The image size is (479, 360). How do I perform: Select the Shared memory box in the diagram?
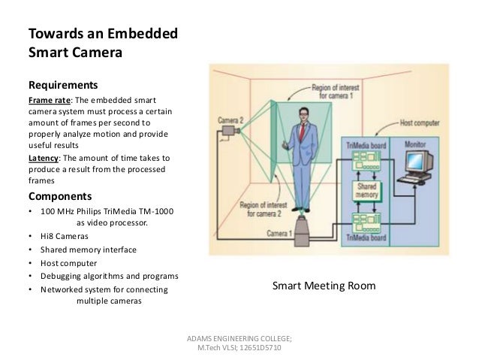[366, 191]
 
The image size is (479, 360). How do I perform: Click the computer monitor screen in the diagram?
[416, 160]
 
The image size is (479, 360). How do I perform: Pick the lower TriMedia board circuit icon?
[365, 221]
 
